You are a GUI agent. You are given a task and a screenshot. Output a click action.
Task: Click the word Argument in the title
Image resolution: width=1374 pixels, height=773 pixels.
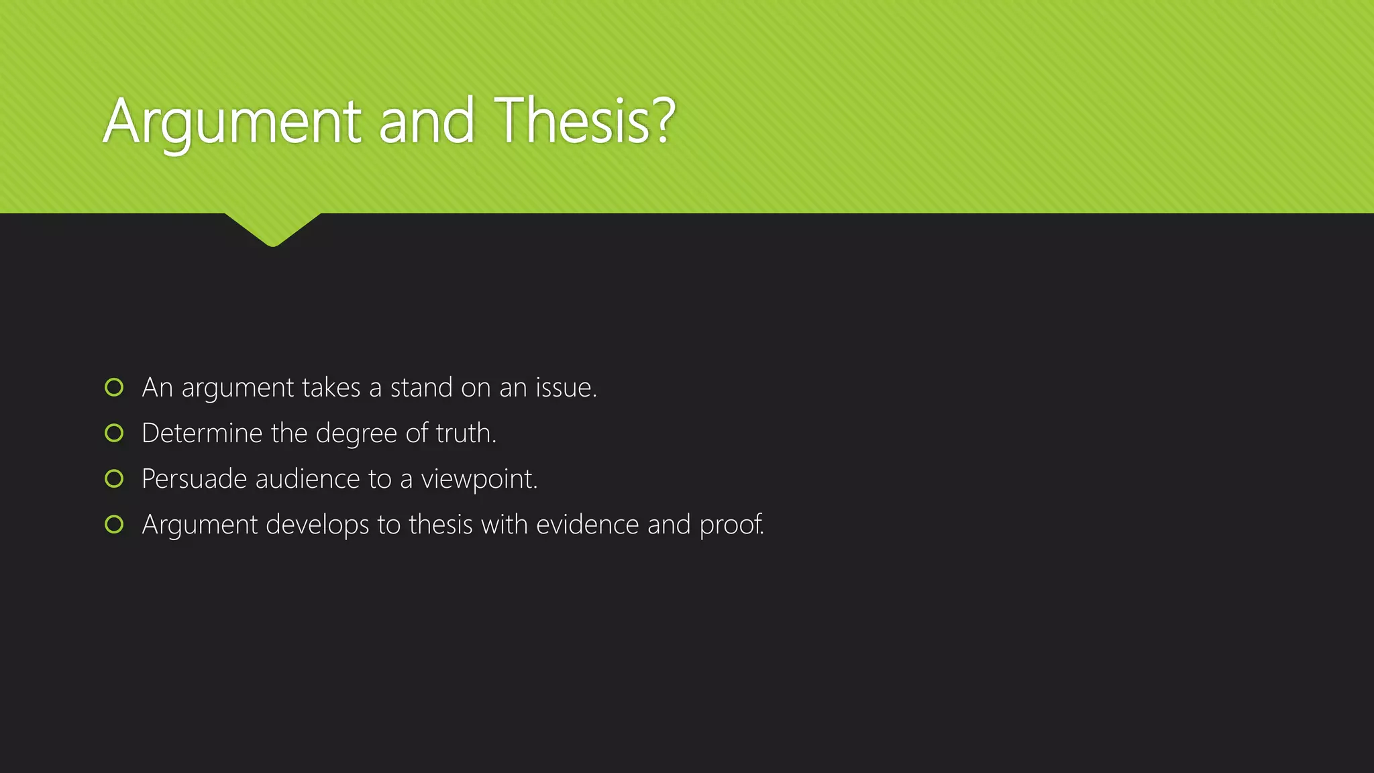231,122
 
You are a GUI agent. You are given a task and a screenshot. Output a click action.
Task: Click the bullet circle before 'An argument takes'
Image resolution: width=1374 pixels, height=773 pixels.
114,387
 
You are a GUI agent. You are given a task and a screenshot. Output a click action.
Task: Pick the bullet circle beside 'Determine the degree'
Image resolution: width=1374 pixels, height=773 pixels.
114,433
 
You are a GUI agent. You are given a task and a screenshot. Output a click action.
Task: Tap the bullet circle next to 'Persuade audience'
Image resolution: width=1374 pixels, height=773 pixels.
114,478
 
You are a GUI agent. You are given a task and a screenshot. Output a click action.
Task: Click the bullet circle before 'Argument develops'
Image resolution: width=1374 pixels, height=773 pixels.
114,524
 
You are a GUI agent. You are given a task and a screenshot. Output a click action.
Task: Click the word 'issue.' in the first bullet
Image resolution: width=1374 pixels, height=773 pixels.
566,388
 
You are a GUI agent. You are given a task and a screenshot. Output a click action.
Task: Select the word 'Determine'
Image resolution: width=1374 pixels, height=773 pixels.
202,433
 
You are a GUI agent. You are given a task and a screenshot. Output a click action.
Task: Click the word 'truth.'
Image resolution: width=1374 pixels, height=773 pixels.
466,433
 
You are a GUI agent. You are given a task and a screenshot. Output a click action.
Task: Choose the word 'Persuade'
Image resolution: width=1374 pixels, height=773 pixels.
195,479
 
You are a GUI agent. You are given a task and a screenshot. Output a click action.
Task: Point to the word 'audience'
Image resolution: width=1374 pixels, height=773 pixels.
307,479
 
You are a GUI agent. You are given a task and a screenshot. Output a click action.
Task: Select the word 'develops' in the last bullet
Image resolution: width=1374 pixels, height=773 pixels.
317,525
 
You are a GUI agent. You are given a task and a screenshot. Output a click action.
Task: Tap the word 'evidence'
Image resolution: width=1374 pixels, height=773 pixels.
587,525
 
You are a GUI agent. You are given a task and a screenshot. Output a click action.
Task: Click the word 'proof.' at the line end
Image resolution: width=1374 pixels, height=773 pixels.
731,525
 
